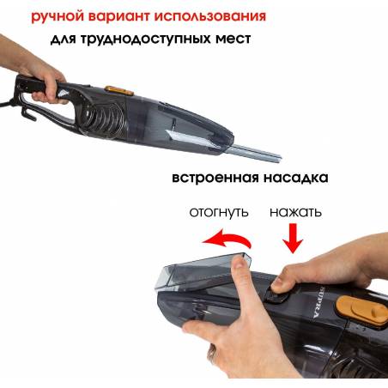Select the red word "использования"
[210, 15]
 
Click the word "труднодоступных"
[145, 39]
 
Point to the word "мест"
[233, 38]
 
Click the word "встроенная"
[215, 178]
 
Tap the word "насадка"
[295, 178]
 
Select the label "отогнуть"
[219, 213]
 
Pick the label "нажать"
[295, 212]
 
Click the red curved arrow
[229, 237]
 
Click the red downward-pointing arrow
[293, 238]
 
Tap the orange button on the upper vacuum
[119, 90]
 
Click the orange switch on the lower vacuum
[362, 312]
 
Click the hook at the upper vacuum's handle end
[28, 114]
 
